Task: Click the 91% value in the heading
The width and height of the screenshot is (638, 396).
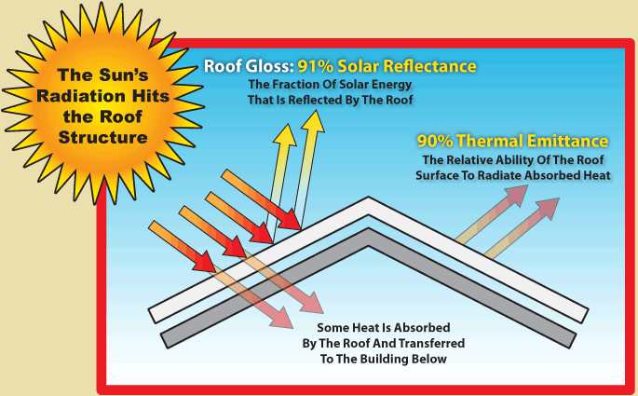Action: coord(317,67)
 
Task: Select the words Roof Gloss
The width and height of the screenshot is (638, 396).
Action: coord(249,67)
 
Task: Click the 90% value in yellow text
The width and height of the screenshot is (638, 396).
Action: coord(436,142)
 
